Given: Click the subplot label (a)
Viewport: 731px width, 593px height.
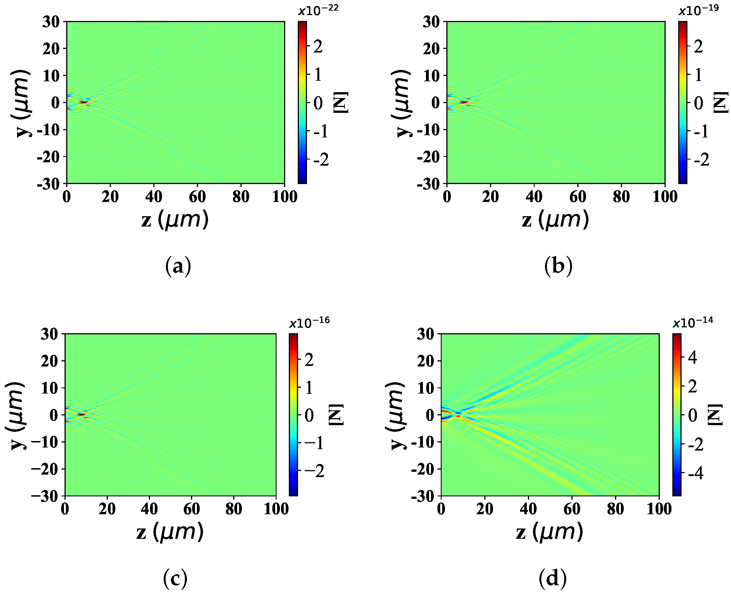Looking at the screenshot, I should tap(178, 266).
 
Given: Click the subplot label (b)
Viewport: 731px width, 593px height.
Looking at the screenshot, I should tap(558, 266).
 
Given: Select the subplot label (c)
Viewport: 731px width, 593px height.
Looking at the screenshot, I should tap(175, 578).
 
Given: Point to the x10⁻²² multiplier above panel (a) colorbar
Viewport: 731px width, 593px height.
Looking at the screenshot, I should tap(318, 10).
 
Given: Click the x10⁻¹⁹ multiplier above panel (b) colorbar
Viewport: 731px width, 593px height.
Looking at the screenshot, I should tap(699, 10).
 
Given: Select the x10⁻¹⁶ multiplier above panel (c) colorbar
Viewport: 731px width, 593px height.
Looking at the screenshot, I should tap(309, 322).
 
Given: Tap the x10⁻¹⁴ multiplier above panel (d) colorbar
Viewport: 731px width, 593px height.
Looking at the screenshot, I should tap(693, 322).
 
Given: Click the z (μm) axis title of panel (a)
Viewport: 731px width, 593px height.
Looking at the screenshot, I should tap(175, 219).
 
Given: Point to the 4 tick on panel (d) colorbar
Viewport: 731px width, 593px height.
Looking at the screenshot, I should tap(692, 358).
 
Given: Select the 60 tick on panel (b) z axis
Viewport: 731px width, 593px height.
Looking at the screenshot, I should tap(578, 197).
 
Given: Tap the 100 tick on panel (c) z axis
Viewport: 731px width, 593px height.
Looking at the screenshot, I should tap(276, 509).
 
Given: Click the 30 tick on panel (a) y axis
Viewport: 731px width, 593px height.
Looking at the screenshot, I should tap(51, 22).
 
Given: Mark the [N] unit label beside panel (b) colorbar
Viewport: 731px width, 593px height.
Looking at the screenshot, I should tap(721, 102).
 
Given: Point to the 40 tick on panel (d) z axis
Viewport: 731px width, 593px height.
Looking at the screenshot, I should tap(528, 509).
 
